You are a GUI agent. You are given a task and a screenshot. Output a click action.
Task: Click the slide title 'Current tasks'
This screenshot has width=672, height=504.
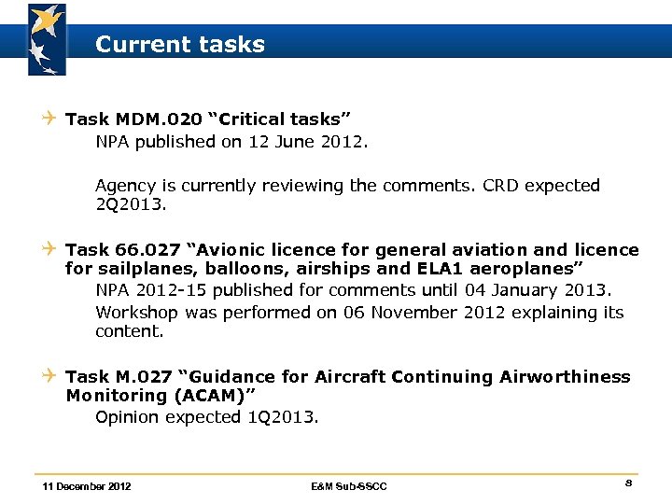click(179, 44)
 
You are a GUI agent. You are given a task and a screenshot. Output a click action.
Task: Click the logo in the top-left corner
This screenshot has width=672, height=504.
click(47, 39)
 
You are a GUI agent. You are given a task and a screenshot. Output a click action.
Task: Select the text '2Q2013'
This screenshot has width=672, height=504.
click(126, 203)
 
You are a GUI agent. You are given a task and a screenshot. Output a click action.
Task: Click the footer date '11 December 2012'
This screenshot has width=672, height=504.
click(87, 486)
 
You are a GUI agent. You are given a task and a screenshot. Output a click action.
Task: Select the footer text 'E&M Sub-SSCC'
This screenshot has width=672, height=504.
click(348, 486)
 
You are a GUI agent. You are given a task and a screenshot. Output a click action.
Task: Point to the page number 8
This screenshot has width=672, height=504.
click(629, 483)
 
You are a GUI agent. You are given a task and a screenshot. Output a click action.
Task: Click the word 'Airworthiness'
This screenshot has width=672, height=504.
click(565, 377)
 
